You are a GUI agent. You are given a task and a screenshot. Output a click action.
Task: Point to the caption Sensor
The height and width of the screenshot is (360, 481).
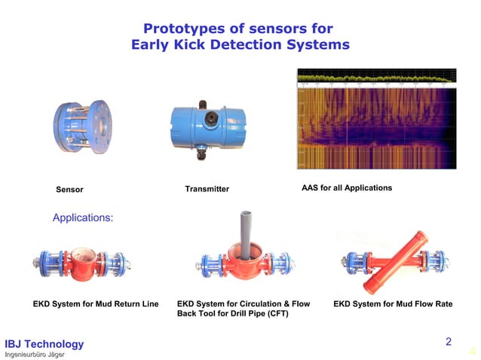69,189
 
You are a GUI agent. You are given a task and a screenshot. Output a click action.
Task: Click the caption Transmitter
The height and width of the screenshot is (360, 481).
207,188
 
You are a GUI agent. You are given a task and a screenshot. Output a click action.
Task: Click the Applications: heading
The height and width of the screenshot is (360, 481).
82,218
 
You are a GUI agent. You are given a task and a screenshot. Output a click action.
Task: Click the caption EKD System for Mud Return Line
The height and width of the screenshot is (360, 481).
96,304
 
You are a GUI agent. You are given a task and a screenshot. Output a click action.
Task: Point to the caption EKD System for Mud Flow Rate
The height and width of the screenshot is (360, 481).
393,304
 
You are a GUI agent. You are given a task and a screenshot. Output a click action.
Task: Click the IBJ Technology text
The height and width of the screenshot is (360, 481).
44,344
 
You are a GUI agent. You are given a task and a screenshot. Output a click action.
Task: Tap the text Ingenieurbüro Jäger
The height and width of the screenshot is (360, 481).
35,354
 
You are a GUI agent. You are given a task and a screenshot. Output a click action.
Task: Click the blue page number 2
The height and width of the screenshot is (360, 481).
448,342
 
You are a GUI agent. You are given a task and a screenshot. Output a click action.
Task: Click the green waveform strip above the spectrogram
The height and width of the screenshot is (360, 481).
376,76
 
